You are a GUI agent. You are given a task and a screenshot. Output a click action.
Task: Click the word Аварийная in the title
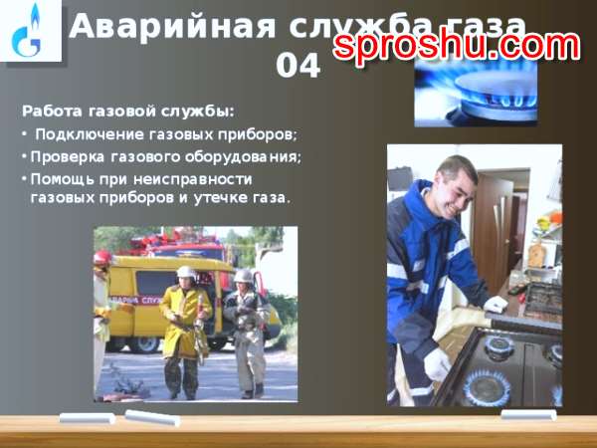pyautogui.click(x=171, y=26)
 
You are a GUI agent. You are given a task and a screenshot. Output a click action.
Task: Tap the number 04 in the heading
pyautogui.click(x=298, y=66)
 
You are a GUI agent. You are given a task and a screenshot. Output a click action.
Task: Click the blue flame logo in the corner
pyautogui.click(x=27, y=30)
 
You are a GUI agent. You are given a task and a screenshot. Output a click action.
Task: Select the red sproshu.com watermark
pyautogui.click(x=457, y=46)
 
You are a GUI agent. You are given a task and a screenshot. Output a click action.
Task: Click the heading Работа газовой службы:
pyautogui.click(x=128, y=112)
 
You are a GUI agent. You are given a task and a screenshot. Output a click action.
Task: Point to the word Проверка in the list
pyautogui.click(x=67, y=157)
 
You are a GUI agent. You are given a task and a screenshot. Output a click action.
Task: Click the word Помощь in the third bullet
pyautogui.click(x=63, y=179)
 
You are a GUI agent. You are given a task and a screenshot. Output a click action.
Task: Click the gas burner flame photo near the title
pyautogui.click(x=476, y=95)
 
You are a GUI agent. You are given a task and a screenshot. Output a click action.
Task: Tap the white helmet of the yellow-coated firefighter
pyautogui.click(x=186, y=272)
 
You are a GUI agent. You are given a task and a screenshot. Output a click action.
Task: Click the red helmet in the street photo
pyautogui.click(x=102, y=257)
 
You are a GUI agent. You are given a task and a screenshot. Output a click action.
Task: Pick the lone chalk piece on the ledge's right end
pyautogui.click(x=528, y=414)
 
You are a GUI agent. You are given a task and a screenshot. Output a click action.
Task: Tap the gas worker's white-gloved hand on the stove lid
pyautogui.click(x=496, y=304)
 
